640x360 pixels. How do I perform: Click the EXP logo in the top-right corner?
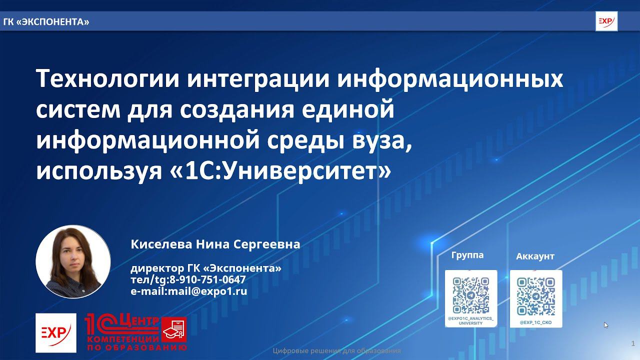(606, 21)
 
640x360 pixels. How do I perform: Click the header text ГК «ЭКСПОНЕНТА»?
(46, 22)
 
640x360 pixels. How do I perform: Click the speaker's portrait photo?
(73, 261)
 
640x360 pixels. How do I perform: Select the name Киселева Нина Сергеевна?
(215, 244)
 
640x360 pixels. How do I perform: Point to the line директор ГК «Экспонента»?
(206, 268)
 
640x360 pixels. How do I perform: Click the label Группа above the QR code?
(467, 255)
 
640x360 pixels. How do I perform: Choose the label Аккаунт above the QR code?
(535, 256)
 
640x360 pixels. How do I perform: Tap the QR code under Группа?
(471, 295)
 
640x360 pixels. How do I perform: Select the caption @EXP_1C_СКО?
(536, 322)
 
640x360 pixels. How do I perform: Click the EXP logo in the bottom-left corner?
(56, 332)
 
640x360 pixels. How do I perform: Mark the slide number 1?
(633, 343)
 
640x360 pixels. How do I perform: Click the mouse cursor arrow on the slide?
(606, 325)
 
